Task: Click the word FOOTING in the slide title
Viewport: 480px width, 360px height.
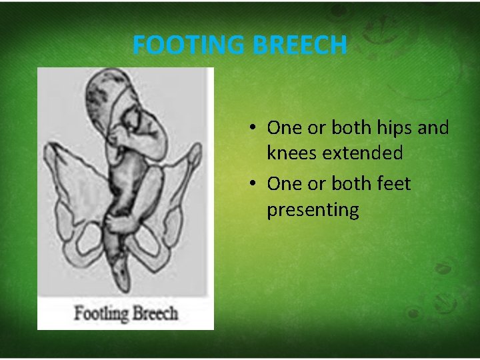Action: tap(189, 45)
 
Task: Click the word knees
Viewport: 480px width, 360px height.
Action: tap(292, 153)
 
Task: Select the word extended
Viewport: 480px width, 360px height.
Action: tap(362, 153)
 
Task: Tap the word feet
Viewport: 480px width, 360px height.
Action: tap(391, 183)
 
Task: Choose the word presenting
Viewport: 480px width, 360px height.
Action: tap(313, 210)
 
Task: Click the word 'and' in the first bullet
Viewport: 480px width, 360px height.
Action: tap(435, 127)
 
